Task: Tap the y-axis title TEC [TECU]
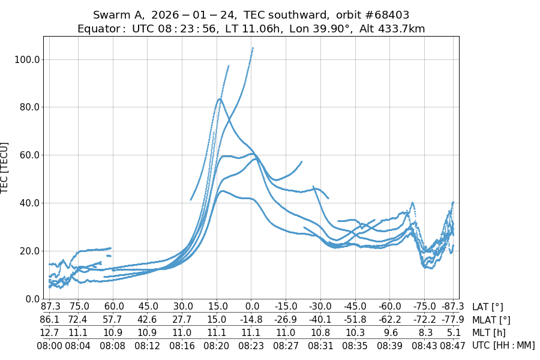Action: click(5, 167)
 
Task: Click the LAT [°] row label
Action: click(488, 307)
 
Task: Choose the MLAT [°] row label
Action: click(491, 320)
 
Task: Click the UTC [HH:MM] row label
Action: click(503, 345)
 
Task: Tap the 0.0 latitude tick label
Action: click(252, 307)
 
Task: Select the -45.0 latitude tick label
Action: click(355, 307)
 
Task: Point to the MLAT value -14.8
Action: click(252, 320)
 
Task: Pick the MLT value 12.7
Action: click(50, 332)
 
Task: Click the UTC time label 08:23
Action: click(252, 345)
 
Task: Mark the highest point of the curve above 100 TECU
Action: click(253, 48)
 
